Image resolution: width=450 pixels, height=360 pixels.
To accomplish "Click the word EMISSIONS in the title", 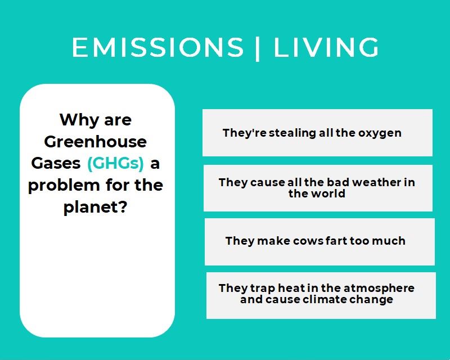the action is tap(157, 47).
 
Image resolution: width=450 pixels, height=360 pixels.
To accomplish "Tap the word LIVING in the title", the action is tap(326, 47).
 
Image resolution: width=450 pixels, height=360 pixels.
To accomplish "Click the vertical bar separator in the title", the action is tap(258, 48).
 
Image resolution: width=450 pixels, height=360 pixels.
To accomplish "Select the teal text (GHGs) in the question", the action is tap(115, 163).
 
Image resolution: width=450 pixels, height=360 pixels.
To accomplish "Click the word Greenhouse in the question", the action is tap(95, 142).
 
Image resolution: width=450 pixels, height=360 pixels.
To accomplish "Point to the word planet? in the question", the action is tap(95, 207).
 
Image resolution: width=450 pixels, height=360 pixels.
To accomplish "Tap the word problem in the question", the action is tap(64, 186).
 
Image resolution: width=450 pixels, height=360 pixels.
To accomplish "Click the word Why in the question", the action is tap(78, 120).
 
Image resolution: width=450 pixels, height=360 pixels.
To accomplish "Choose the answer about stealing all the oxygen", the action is tap(317, 133).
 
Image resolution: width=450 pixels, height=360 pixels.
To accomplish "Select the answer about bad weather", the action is tap(318, 188).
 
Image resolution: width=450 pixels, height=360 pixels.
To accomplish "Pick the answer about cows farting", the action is tap(319, 242).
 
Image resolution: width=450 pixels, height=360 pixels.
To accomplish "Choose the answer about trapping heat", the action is tap(321, 295).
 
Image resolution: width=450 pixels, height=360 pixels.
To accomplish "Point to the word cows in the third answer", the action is tap(308, 241).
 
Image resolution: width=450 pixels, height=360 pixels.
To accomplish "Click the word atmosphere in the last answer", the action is tap(379, 288).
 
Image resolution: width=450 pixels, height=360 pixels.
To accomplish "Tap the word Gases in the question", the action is tap(56, 163).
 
